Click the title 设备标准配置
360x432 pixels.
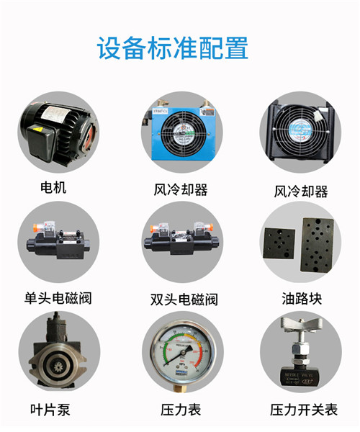(173, 48)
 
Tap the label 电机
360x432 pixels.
(53, 188)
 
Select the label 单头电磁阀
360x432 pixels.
(58, 298)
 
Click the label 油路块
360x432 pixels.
(300, 298)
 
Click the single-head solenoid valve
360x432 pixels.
(57, 241)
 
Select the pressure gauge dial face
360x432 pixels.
(179, 353)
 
